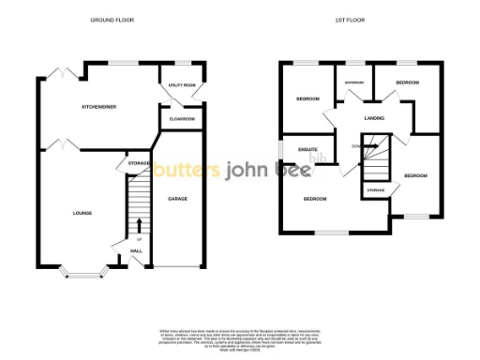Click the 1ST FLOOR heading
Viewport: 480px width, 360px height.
coord(348,20)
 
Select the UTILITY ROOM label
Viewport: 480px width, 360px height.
coord(181,85)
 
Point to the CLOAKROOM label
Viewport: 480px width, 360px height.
coord(182,119)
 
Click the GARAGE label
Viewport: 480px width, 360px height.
coord(177,199)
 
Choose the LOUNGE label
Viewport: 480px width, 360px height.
coord(82,213)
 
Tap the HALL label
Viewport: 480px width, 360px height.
coord(136,251)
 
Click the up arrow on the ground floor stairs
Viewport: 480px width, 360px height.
coord(139,225)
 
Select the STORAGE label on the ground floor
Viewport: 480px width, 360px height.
coord(139,164)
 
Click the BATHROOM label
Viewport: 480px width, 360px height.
coord(354,82)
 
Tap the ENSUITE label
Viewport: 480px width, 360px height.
coord(307,149)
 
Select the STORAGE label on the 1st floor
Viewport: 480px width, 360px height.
coord(375,190)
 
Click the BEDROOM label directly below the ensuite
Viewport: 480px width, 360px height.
coord(315,199)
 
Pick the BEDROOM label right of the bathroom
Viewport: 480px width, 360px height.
coord(406,83)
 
